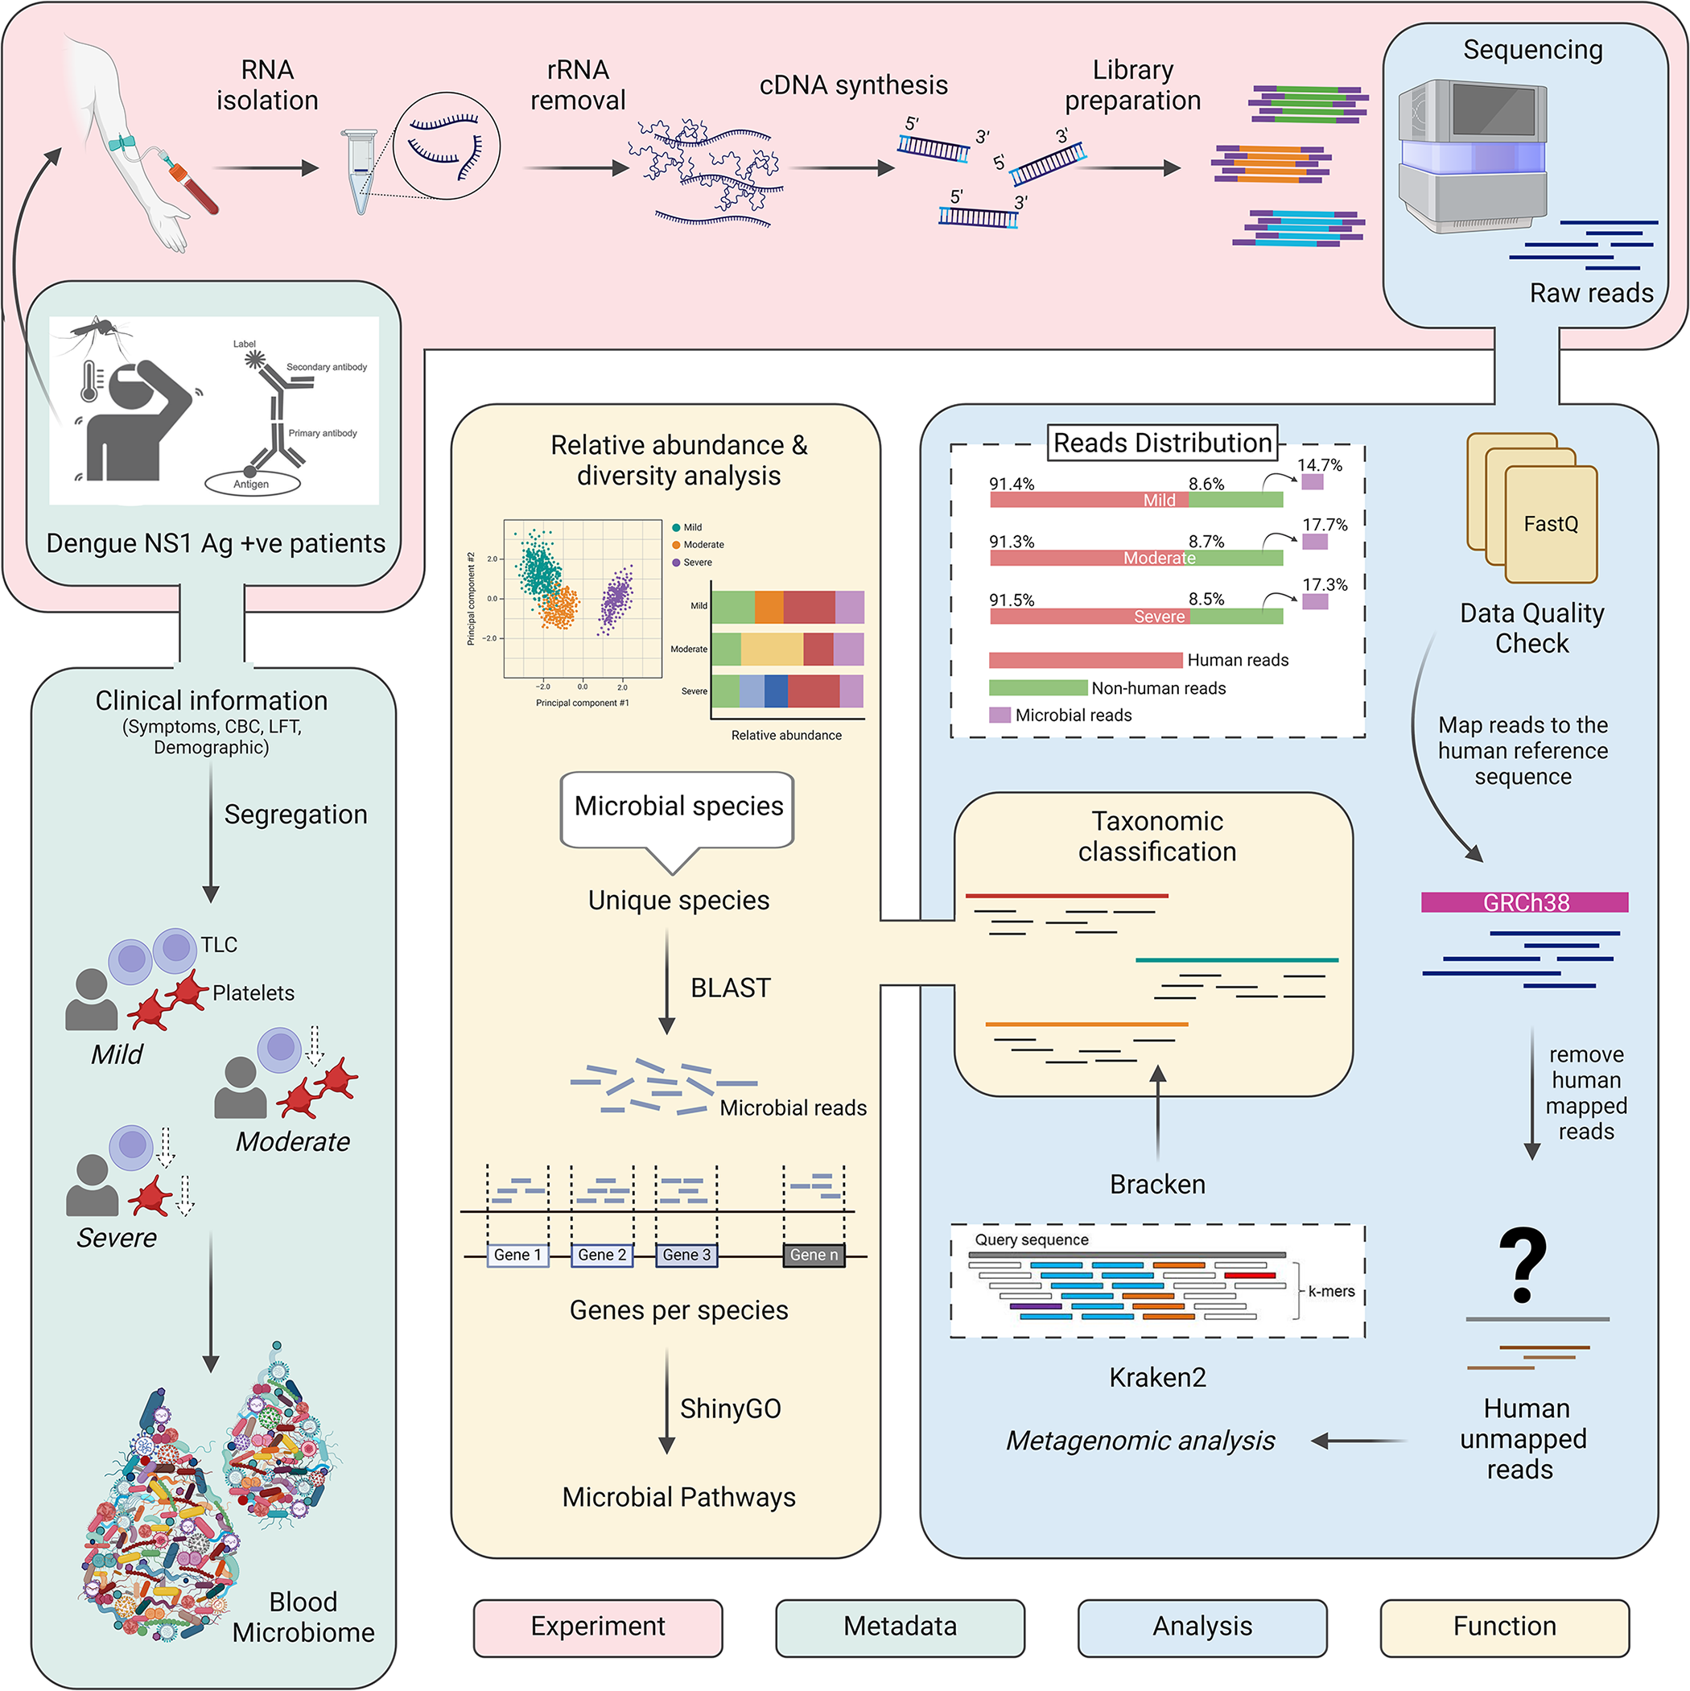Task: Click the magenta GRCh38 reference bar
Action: coord(1524,902)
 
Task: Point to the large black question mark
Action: coord(1523,1264)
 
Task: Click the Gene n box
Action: coord(814,1255)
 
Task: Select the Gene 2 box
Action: coord(602,1255)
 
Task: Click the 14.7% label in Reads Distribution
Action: coord(1319,464)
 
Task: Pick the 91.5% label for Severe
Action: coord(1012,600)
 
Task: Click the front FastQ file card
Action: coord(1551,524)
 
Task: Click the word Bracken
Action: coord(1157,1184)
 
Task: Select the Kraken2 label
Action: coord(1157,1378)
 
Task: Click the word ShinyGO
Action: coord(730,1409)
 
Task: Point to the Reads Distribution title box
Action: coord(1162,443)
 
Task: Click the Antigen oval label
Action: coord(252,483)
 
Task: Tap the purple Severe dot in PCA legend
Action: coord(676,563)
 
